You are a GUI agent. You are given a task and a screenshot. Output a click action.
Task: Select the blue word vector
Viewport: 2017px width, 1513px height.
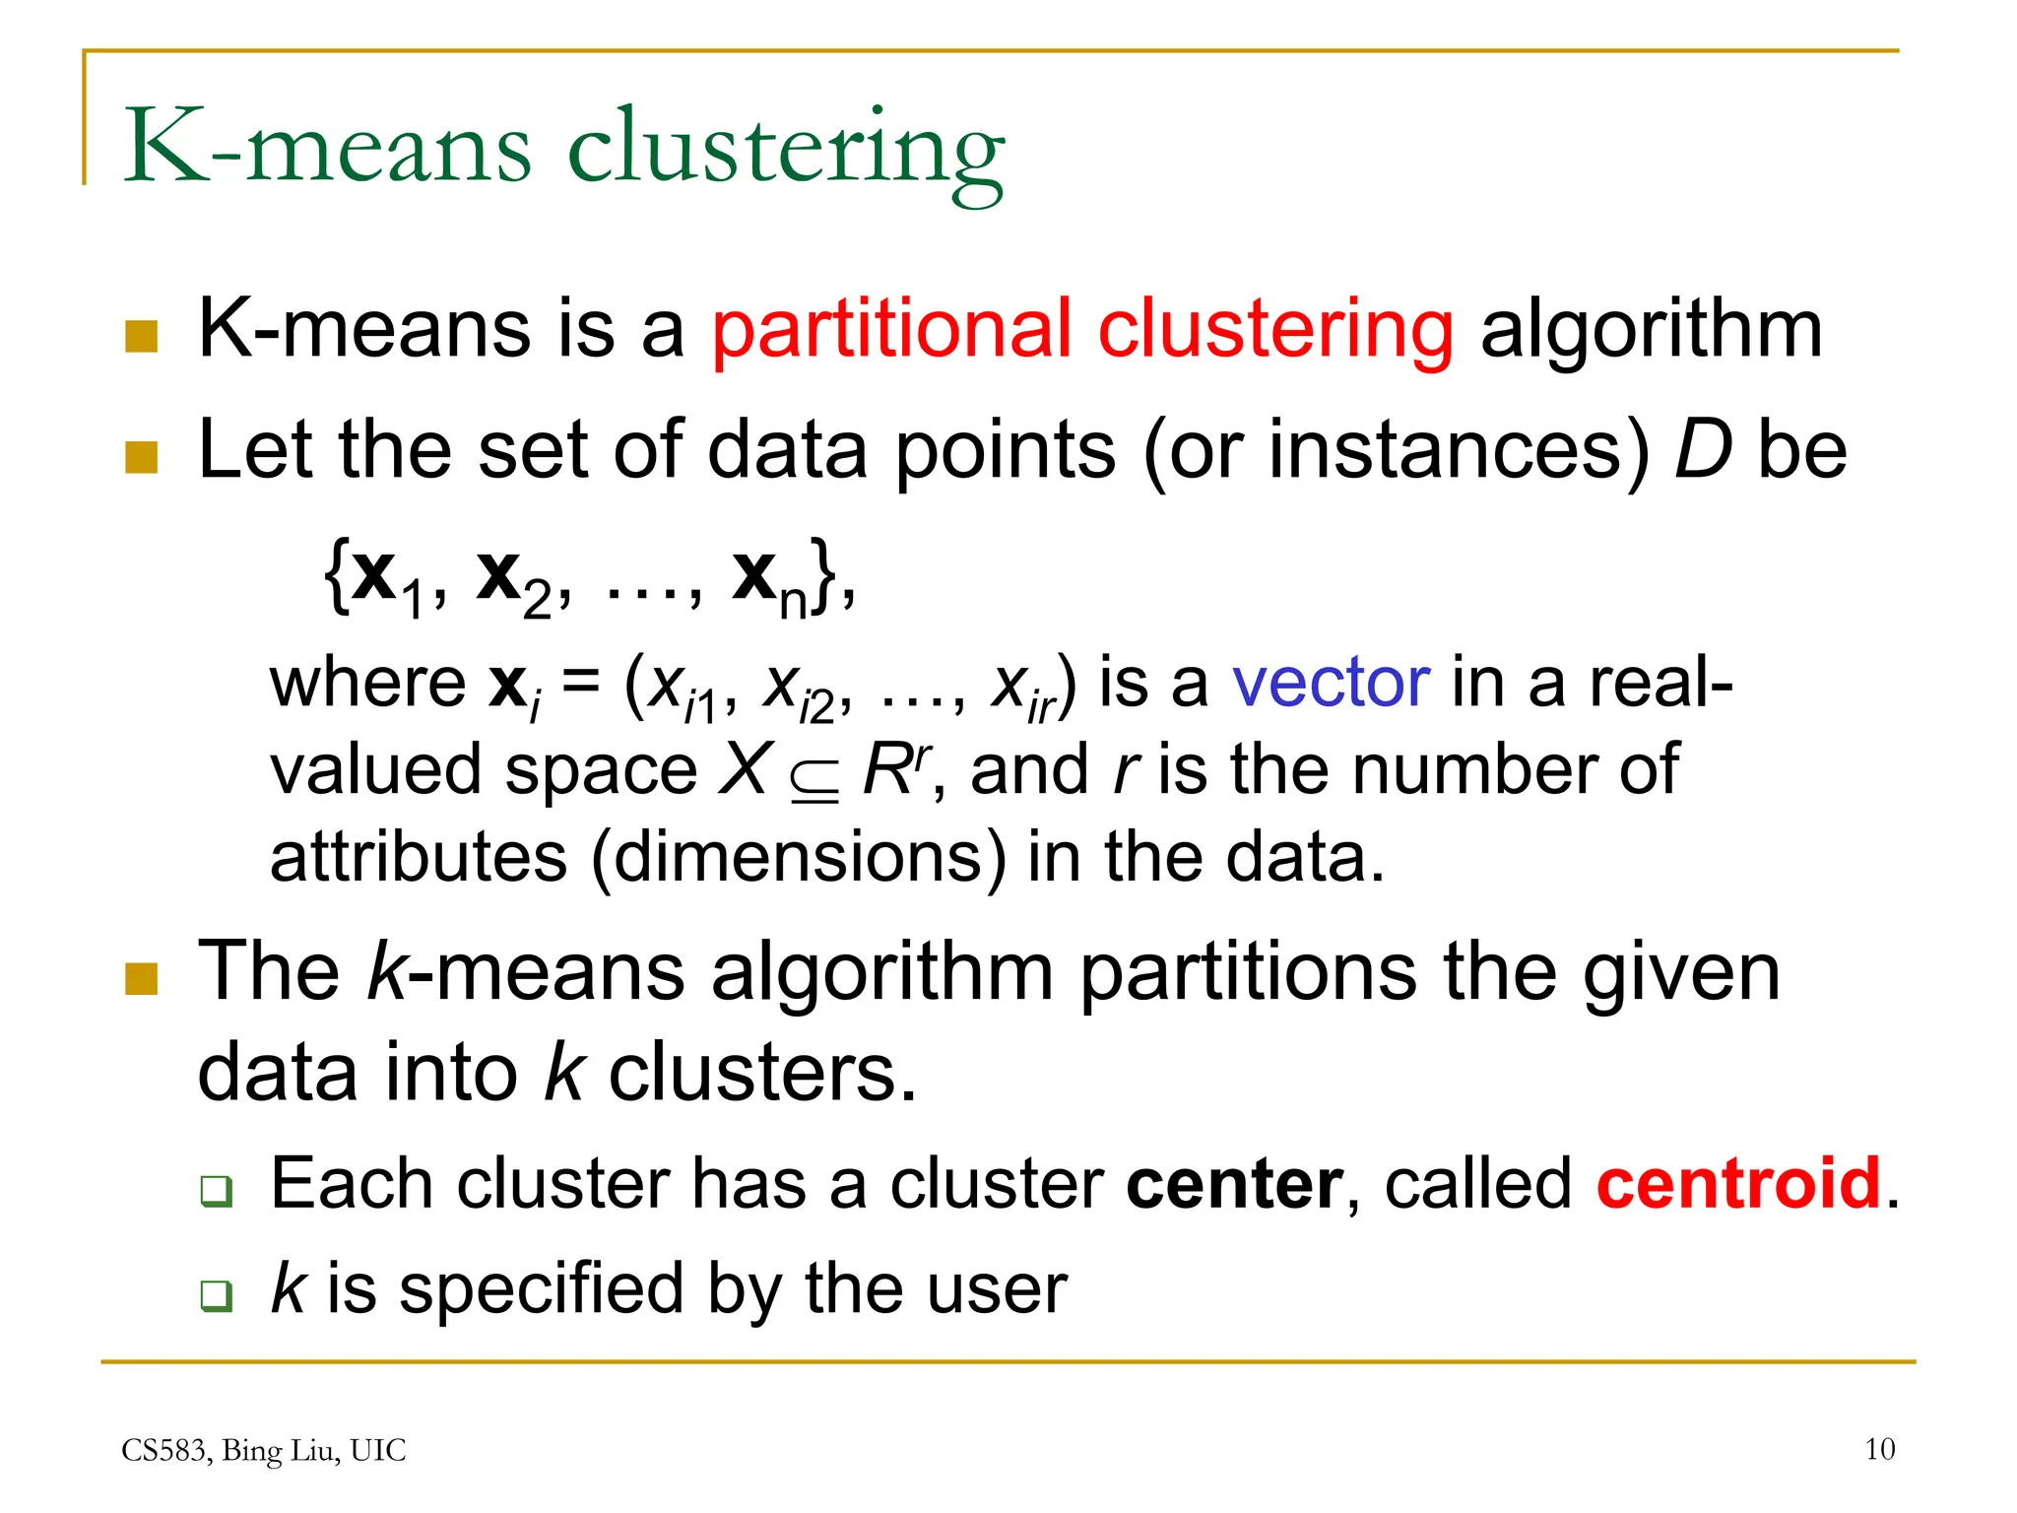[1331, 682]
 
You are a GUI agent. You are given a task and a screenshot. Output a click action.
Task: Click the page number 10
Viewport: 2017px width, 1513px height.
[1879, 1449]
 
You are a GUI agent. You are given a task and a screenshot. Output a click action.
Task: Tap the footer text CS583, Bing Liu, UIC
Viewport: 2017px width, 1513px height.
[263, 1450]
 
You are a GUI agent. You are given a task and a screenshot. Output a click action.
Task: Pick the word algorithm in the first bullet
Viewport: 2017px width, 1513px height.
[1651, 330]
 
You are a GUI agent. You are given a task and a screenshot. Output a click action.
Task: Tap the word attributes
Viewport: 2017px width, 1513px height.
[419, 856]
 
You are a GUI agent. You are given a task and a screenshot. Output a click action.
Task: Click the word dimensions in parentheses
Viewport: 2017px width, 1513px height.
[798, 856]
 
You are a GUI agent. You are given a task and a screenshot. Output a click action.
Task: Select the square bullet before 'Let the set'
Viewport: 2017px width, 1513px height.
[142, 457]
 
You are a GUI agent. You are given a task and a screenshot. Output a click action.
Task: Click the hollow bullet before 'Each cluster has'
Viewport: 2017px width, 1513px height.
[216, 1191]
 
